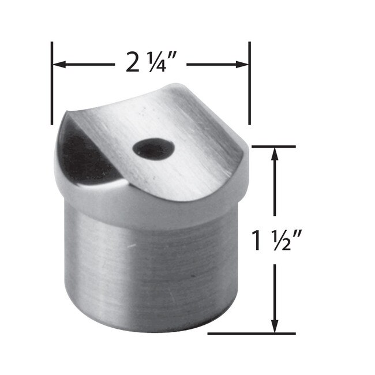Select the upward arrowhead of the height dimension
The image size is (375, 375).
point(275,154)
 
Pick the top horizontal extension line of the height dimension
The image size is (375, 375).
point(277,147)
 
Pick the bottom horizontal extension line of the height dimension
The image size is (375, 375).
point(254,333)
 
